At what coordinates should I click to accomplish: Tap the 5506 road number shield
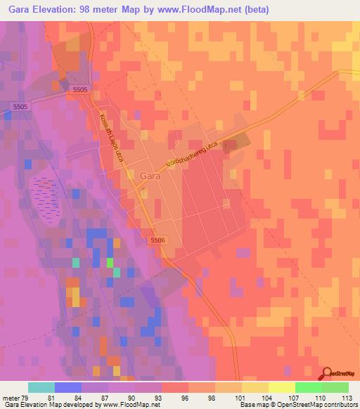[x=157, y=240]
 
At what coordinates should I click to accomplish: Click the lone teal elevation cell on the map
[x=75, y=263]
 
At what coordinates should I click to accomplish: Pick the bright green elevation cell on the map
[x=110, y=263]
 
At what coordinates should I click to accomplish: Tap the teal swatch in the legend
[x=41, y=387]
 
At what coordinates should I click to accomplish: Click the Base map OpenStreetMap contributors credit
[x=299, y=405]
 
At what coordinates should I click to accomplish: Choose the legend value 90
[x=131, y=397]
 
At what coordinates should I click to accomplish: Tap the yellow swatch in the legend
[x=281, y=387]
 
